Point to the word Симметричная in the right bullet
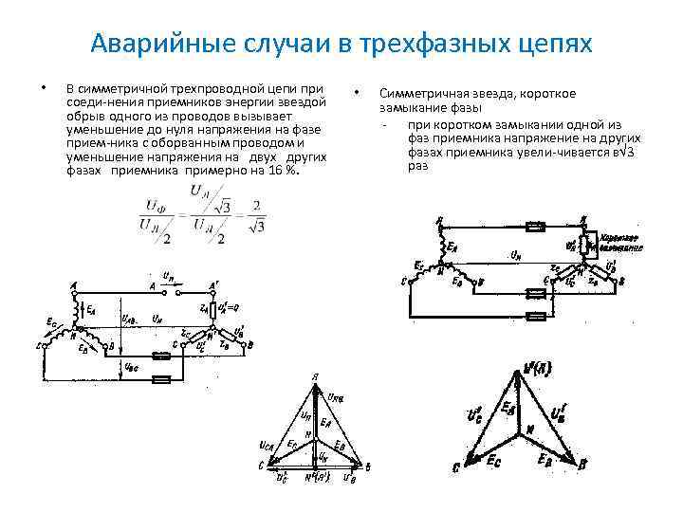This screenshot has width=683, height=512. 422,94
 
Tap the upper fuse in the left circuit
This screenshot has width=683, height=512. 163,357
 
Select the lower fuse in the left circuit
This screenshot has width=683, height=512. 163,377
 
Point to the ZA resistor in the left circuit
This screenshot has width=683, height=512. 216,308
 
